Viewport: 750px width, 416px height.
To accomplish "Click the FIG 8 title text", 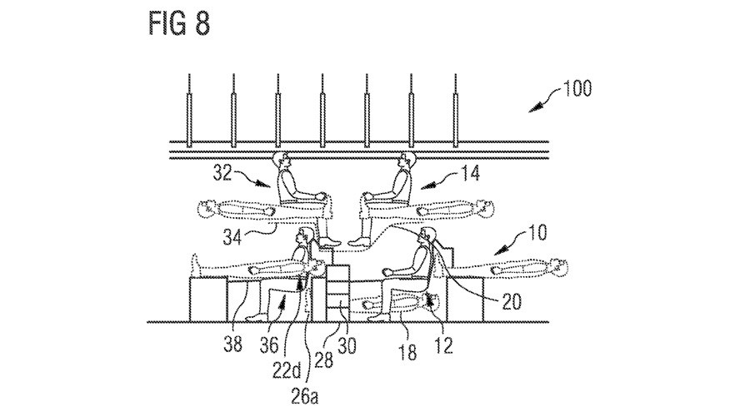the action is [179, 23].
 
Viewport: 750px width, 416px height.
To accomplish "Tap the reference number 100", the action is [577, 89].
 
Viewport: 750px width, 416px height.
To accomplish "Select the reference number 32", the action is [222, 173].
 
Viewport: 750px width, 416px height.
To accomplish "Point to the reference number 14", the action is [471, 173].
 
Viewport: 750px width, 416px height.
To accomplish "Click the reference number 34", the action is [232, 237].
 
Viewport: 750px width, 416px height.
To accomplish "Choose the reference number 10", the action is [537, 233].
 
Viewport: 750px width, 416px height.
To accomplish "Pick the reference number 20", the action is [511, 301].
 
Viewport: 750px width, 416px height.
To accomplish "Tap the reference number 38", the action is [233, 344].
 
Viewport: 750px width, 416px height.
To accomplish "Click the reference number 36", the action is [269, 344].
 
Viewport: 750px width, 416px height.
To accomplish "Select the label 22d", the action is [287, 371].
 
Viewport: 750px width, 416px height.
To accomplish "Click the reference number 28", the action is [323, 359].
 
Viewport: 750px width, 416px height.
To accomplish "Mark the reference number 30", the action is [347, 345].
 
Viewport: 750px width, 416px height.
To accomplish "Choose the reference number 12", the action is [443, 345].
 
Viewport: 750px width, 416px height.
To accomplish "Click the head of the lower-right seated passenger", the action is [427, 236].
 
